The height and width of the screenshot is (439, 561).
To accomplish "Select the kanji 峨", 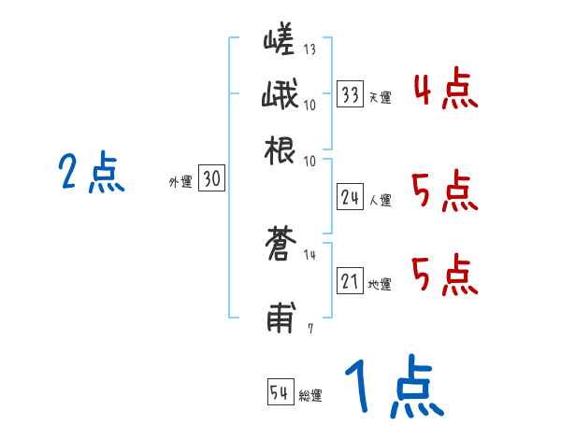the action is (x=280, y=96).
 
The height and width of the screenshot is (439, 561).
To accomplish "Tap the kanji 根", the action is (x=280, y=149).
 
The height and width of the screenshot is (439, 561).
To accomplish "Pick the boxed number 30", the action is (x=211, y=180).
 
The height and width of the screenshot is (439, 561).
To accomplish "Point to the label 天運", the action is (x=380, y=97).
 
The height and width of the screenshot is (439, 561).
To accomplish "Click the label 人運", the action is (x=380, y=200).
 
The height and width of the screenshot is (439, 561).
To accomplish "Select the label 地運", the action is (x=380, y=284).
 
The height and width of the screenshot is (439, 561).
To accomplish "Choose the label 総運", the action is (x=310, y=396).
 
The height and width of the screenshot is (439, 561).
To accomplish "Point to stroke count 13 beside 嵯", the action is (x=309, y=50).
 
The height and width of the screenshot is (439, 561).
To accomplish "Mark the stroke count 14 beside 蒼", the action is (x=309, y=253).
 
